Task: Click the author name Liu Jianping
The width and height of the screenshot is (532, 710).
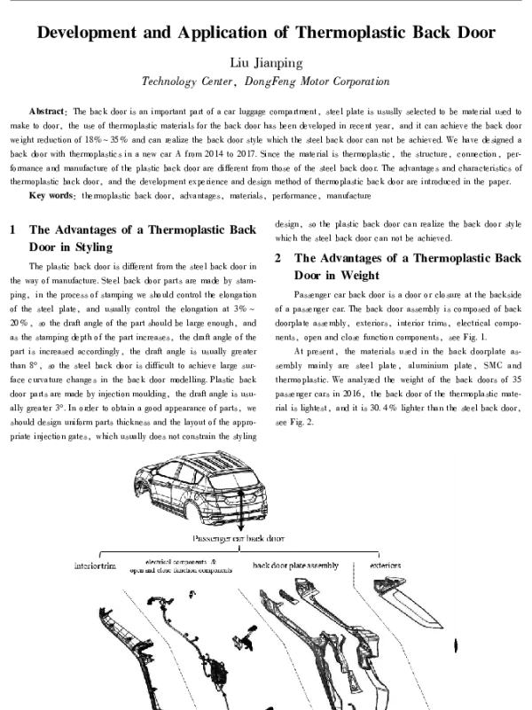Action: (x=266, y=62)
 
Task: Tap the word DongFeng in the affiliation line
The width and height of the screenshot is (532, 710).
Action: (x=270, y=82)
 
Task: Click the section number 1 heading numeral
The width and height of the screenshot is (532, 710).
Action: (x=13, y=230)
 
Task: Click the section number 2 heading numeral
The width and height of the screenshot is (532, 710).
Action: (x=278, y=258)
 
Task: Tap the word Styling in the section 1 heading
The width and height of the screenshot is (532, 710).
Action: (x=94, y=247)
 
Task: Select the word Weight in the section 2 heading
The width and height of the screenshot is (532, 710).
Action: (x=360, y=276)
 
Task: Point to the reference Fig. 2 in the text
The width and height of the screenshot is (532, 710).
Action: (x=303, y=423)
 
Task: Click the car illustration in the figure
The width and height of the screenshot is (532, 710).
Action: (x=201, y=488)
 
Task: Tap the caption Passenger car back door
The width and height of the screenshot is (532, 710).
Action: (x=239, y=538)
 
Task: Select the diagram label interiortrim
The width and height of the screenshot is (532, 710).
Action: (x=95, y=566)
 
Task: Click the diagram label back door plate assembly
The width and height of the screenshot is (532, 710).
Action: (x=295, y=566)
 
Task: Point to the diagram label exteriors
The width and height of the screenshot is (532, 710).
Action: (x=386, y=566)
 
